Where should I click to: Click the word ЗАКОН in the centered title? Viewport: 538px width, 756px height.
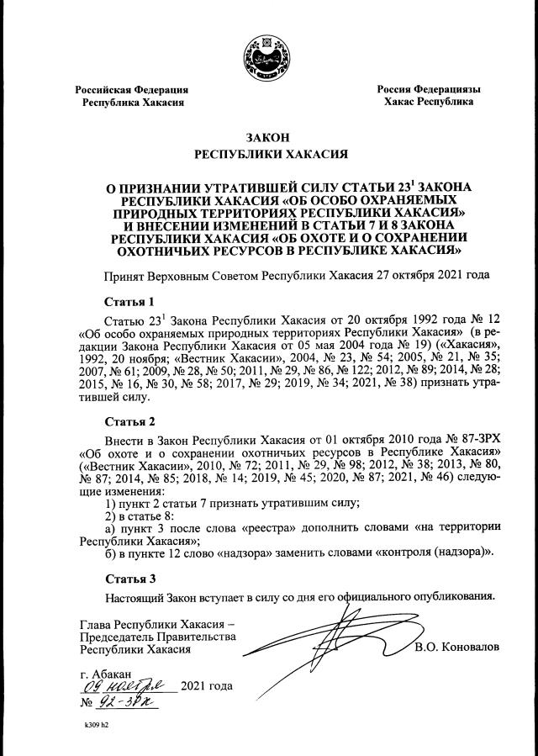point(270,137)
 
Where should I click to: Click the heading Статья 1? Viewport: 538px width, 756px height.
point(130,301)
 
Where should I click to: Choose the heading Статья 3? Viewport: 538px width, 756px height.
point(130,579)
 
